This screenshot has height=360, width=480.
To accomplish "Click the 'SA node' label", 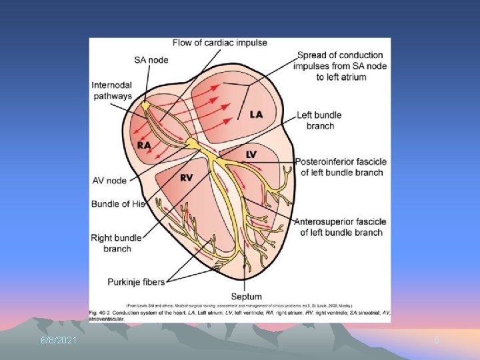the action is point(150,59).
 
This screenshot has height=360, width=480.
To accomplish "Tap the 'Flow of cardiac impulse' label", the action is point(219,43).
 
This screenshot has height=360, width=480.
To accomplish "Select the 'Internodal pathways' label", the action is point(113,91).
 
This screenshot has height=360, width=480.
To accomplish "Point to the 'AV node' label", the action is point(109,181).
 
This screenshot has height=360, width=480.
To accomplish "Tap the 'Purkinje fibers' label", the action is point(136,282).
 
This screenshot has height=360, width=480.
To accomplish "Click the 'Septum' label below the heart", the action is point(246,296).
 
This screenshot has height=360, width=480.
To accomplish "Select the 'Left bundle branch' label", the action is point(320,121).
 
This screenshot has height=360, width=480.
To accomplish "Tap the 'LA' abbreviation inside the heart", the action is point(256,115).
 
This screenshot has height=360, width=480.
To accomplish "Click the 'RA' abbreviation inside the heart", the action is point(144,145).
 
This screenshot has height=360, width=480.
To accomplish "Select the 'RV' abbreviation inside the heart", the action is point(187,177).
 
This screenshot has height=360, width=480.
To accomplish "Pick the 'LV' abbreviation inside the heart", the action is point(251,155).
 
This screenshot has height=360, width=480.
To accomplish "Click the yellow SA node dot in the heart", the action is point(145,105).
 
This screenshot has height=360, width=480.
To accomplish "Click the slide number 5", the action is point(437,341).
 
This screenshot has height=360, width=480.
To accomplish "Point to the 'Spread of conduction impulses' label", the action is point(341,66).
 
